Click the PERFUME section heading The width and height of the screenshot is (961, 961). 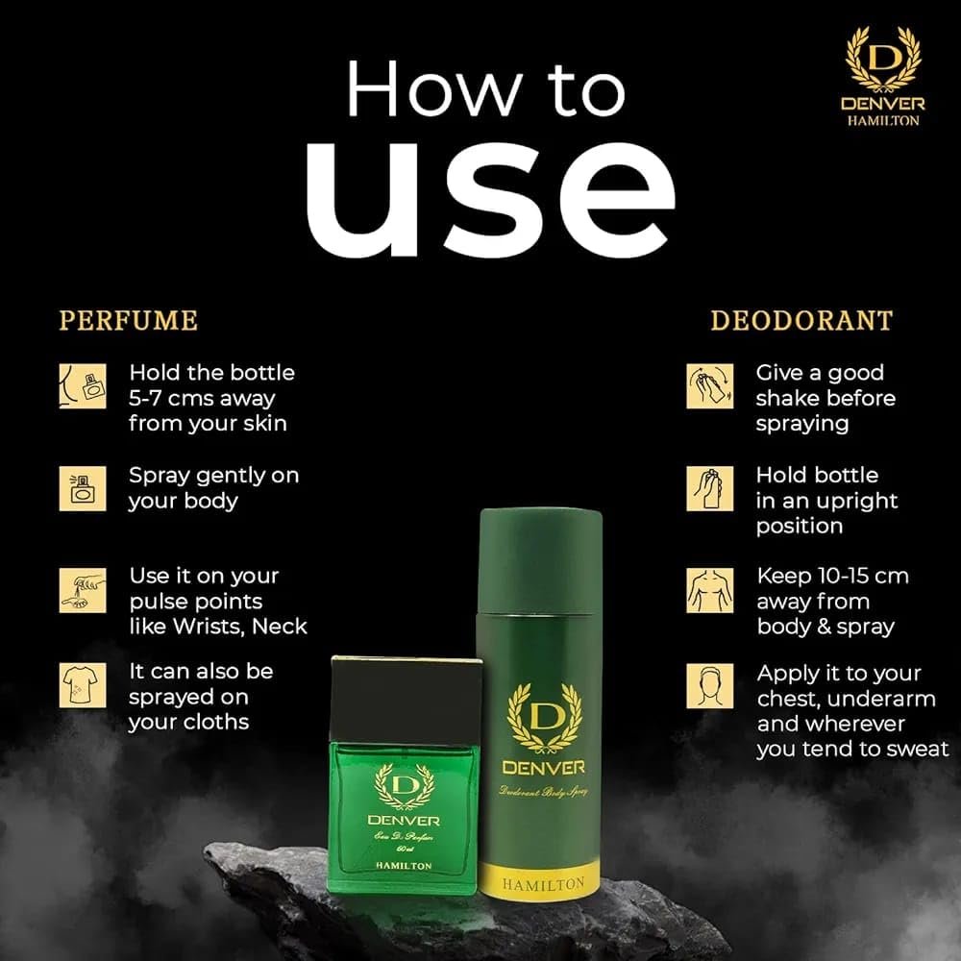(x=129, y=321)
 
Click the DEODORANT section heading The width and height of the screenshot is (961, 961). (x=801, y=321)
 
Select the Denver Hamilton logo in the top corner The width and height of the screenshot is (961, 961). (x=883, y=76)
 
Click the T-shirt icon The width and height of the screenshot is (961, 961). (x=83, y=685)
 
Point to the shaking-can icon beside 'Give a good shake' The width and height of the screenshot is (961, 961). (x=710, y=386)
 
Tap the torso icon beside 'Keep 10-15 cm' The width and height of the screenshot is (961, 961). (x=710, y=590)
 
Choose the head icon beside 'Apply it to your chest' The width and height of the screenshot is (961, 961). (x=710, y=685)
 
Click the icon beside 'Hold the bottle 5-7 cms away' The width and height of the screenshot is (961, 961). (x=83, y=386)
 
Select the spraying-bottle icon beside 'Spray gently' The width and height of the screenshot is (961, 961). (x=83, y=488)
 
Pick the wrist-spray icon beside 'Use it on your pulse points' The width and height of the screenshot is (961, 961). (x=83, y=590)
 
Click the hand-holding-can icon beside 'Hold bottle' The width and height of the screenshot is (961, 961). (x=710, y=488)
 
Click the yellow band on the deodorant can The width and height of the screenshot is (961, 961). (x=540, y=880)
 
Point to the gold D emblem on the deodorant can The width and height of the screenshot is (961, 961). (x=544, y=718)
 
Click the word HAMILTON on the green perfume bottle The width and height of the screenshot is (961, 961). (x=404, y=866)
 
